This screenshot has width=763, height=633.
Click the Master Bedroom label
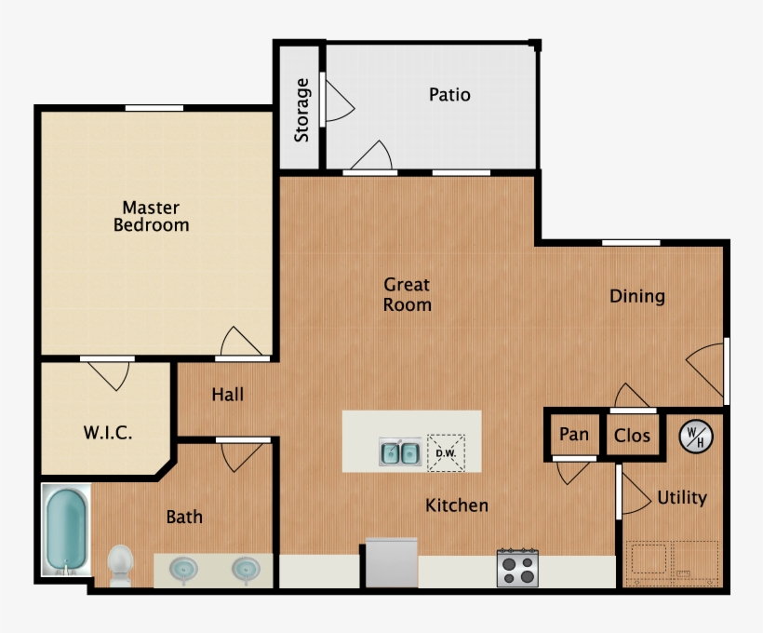[151, 216]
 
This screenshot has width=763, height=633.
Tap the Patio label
[449, 95]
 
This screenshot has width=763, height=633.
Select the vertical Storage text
[301, 110]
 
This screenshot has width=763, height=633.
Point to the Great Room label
[408, 294]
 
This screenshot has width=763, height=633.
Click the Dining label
[637, 296]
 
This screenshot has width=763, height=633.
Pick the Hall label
[227, 395]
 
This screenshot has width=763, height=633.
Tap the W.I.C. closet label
[108, 433]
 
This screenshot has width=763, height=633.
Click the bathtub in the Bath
[66, 530]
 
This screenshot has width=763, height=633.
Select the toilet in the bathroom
[120, 564]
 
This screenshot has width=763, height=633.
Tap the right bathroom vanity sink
[246, 567]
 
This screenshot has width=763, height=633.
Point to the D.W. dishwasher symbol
[445, 452]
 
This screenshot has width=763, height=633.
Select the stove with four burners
[517, 567]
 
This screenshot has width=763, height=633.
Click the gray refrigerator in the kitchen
[391, 562]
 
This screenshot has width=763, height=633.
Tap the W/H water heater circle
[693, 435]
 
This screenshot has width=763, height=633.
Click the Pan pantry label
[573, 435]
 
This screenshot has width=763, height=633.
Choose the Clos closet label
[632, 436]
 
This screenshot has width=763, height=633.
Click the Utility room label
[682, 498]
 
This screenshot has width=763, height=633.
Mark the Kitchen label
[457, 505]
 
